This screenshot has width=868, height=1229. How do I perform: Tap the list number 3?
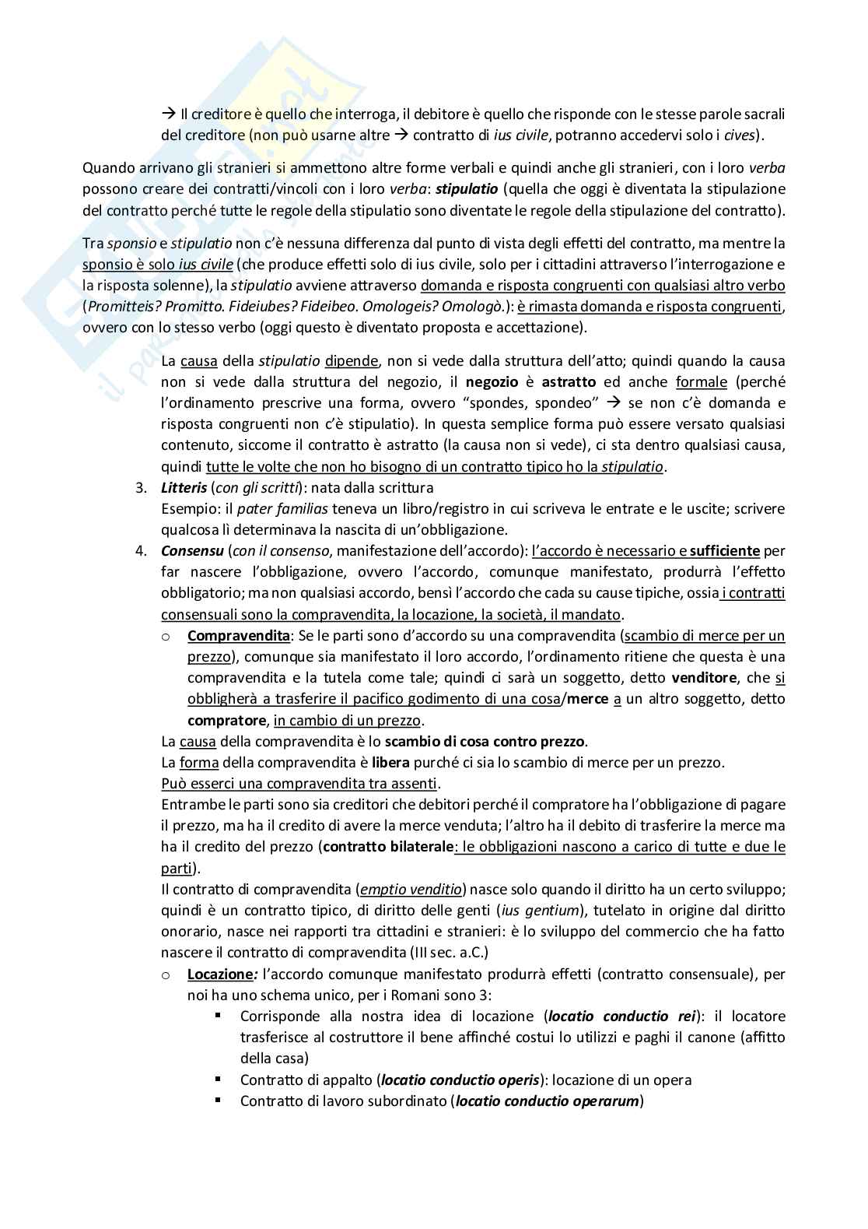140,487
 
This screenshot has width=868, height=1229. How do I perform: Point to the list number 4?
140,550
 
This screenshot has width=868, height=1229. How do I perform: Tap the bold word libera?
390,761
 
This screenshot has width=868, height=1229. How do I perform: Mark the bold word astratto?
569,381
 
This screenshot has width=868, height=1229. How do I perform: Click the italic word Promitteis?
124,306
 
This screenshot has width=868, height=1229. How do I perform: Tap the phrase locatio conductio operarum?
547,1101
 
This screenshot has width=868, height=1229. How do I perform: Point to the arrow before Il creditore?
169,114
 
